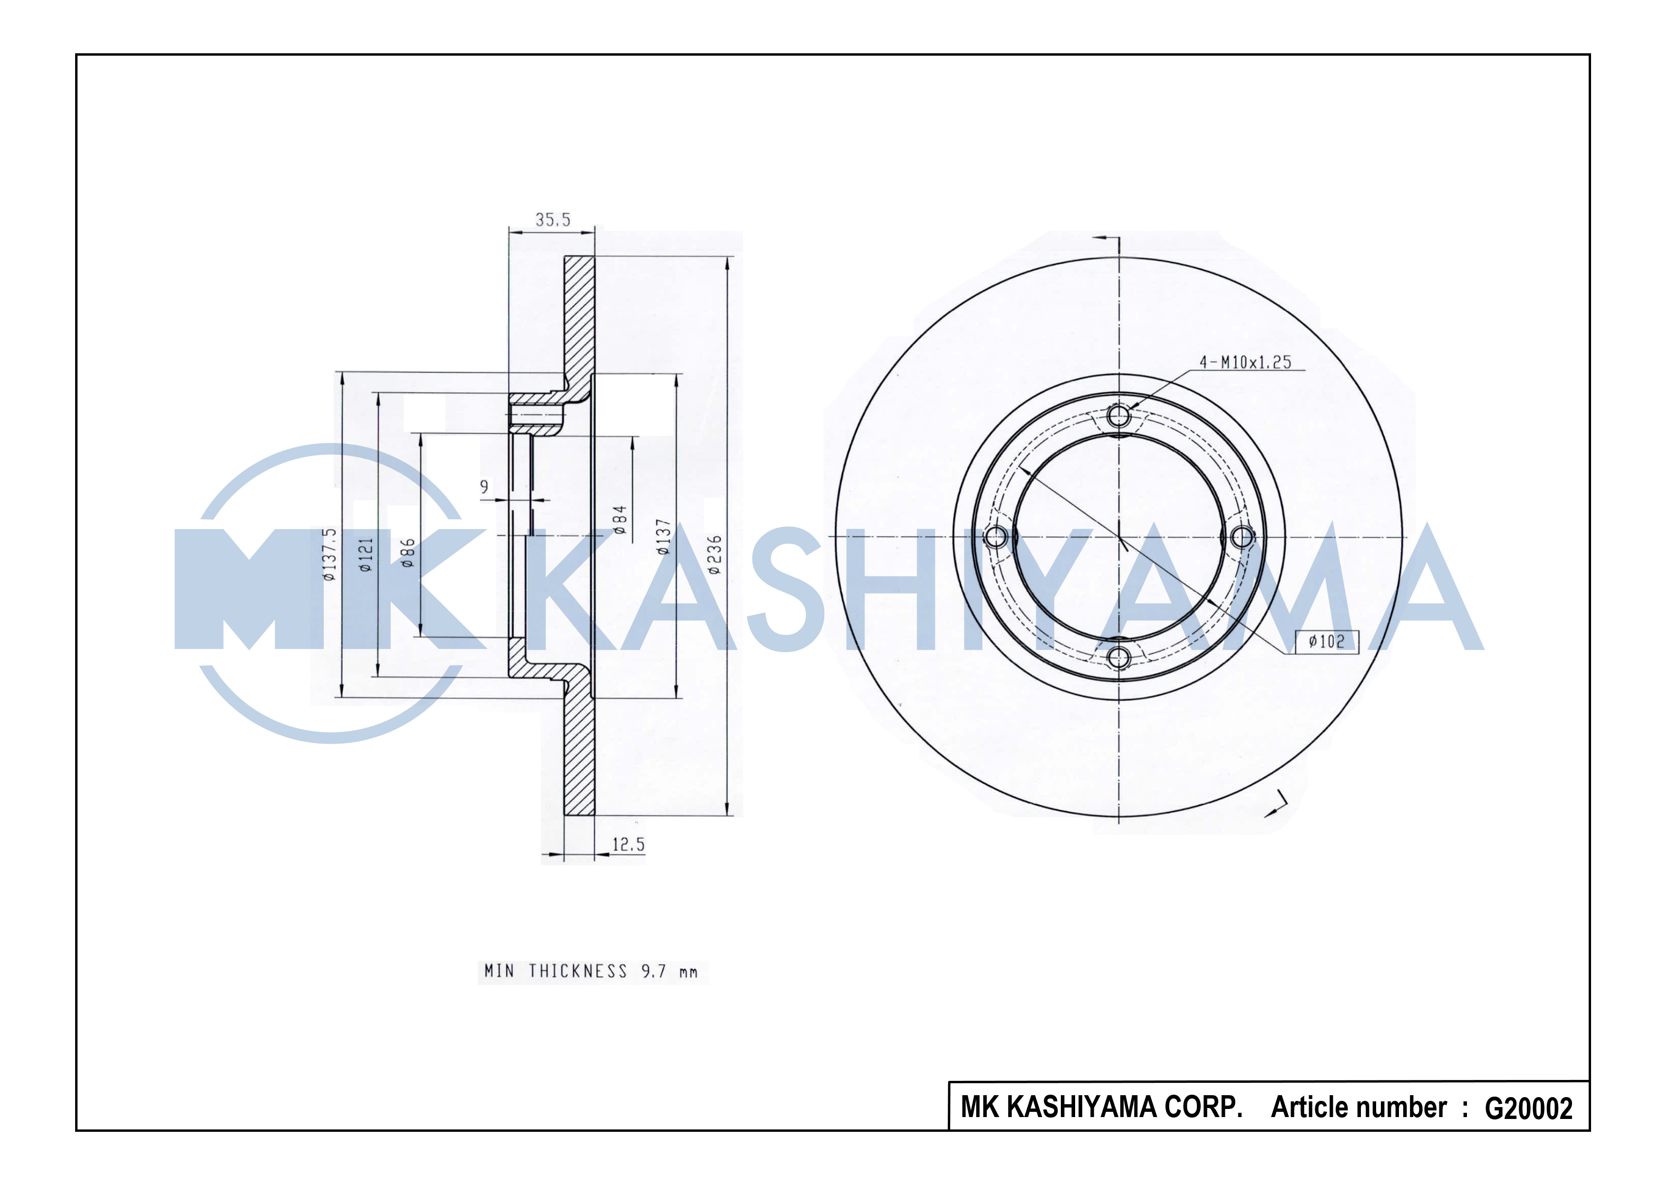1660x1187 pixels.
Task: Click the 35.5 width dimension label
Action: pyautogui.click(x=553, y=219)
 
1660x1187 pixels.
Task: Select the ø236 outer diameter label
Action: pyautogui.click(x=715, y=555)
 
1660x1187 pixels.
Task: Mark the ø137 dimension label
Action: pyautogui.click(x=663, y=537)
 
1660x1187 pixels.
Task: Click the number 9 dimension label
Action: pyautogui.click(x=484, y=487)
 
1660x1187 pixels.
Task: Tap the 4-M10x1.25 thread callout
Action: pyautogui.click(x=1245, y=362)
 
